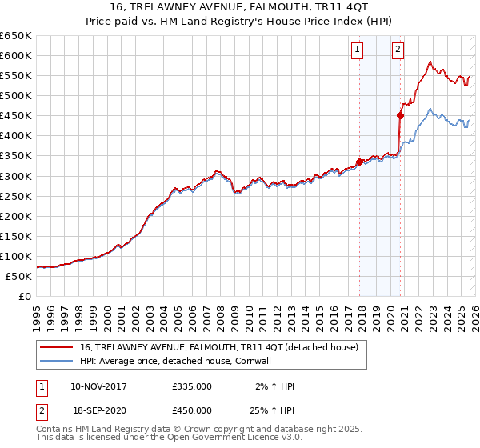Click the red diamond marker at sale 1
click(x=360, y=162)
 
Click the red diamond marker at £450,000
click(x=401, y=116)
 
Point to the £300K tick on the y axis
click(x=16, y=176)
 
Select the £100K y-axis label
click(x=16, y=256)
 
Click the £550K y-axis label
click(x=16, y=75)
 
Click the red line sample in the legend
click(x=57, y=347)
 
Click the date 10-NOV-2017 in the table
click(x=98, y=386)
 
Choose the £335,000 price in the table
click(x=191, y=386)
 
